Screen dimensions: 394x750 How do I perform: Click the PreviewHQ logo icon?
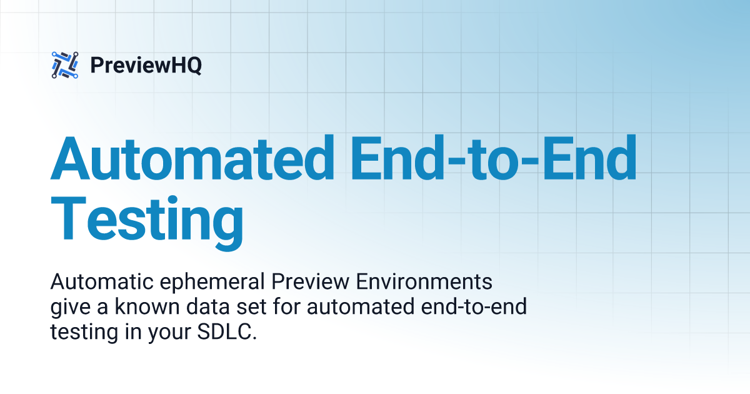click(x=64, y=65)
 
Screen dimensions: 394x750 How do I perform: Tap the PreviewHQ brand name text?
click(x=146, y=65)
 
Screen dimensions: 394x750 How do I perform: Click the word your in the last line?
click(x=167, y=331)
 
